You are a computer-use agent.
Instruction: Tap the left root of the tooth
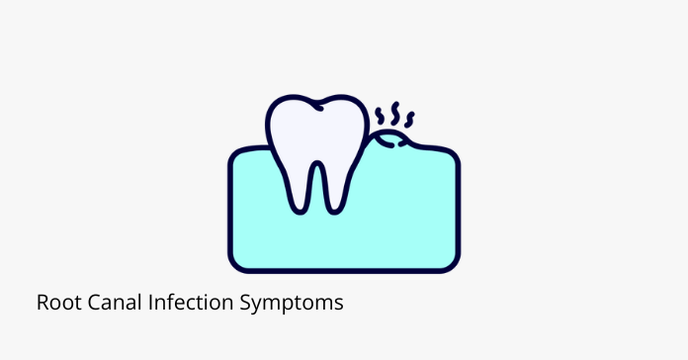click(x=296, y=188)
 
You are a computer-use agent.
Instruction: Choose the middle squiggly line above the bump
click(x=396, y=111)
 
